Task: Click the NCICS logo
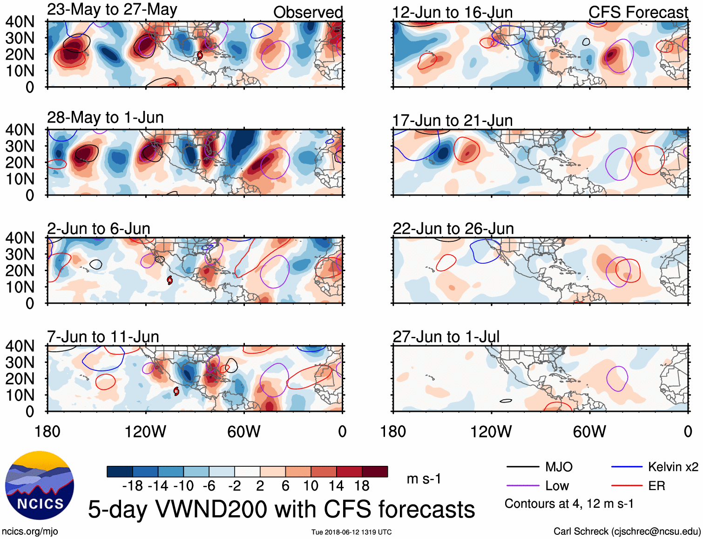[40, 485]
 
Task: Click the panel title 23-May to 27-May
[112, 10]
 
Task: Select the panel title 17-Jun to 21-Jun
[452, 121]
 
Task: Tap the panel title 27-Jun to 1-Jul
[446, 336]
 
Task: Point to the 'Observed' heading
[308, 12]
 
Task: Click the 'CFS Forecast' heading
[638, 12]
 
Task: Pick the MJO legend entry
[559, 467]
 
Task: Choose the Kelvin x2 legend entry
[673, 467]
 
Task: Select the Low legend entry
[557, 486]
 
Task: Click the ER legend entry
[656, 486]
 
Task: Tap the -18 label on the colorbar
[133, 486]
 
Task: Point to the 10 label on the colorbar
[311, 486]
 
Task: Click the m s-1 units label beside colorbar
[424, 479]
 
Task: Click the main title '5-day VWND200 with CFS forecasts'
[281, 509]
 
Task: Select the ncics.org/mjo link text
[30, 532]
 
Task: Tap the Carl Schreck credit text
[627, 532]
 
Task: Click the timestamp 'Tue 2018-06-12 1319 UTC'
[351, 532]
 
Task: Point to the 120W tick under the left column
[145, 431]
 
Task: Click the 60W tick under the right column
[589, 431]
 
